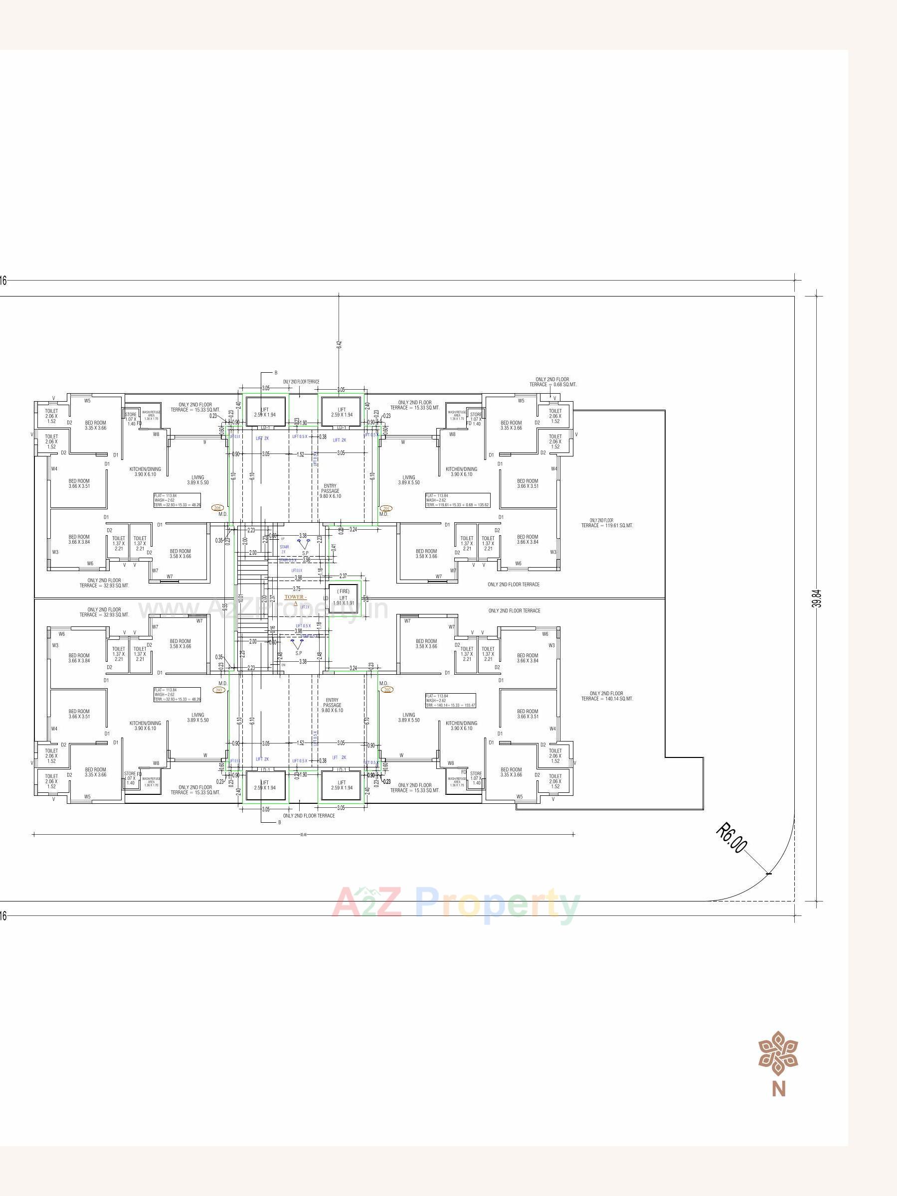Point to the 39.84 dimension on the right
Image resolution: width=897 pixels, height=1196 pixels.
coord(817,598)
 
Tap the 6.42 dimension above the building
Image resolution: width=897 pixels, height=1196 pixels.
coord(339,343)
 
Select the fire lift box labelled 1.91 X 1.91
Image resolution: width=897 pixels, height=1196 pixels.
coord(344,598)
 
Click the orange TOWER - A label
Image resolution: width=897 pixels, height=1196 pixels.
coord(295,599)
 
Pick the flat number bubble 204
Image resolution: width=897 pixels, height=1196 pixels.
coord(217,508)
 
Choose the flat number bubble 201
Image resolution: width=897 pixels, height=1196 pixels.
coord(386,508)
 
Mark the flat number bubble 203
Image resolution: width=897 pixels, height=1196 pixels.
coord(219,690)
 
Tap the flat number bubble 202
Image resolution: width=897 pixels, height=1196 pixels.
coord(386,689)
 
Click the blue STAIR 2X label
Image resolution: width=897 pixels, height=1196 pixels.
coord(285,549)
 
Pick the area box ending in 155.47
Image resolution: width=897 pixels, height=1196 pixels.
coord(450,701)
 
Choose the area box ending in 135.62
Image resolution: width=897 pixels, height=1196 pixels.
coord(457,500)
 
